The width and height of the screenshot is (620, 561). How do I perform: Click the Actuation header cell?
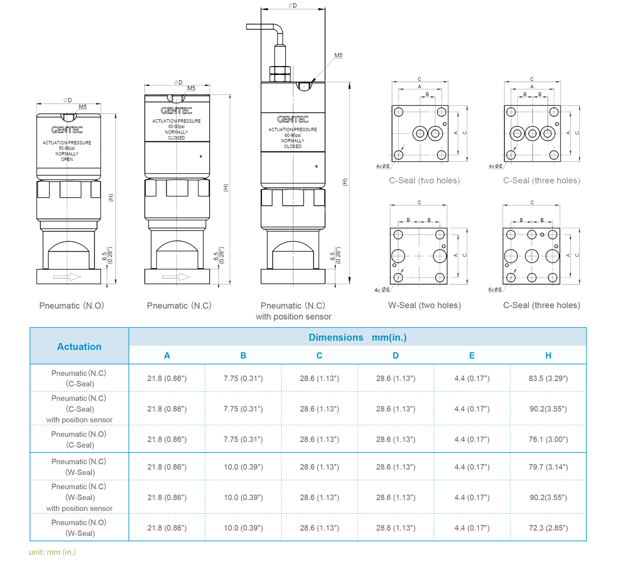(x=79, y=347)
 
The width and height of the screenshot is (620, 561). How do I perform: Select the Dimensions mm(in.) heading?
(x=358, y=337)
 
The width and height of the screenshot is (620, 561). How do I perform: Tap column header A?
(x=167, y=355)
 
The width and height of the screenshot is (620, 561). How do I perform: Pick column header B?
(x=243, y=355)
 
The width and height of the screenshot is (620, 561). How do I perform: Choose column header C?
(x=319, y=355)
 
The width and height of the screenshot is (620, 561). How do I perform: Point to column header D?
(x=396, y=355)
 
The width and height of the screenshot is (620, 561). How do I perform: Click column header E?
(x=472, y=355)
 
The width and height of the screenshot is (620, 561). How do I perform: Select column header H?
(x=548, y=355)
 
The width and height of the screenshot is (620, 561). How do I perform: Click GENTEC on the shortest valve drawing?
(x=67, y=130)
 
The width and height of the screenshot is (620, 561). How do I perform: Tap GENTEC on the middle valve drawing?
(x=177, y=111)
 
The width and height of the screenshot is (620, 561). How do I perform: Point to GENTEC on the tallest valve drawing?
(x=292, y=119)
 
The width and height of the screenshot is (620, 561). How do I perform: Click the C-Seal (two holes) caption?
(x=424, y=181)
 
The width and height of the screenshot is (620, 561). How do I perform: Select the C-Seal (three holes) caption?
(x=541, y=181)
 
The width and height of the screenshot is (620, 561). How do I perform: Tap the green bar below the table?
(x=52, y=552)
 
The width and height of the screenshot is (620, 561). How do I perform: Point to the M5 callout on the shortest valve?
(x=82, y=107)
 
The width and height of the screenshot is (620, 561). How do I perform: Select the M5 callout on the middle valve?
(x=191, y=89)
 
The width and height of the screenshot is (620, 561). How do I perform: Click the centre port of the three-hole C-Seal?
(x=532, y=133)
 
